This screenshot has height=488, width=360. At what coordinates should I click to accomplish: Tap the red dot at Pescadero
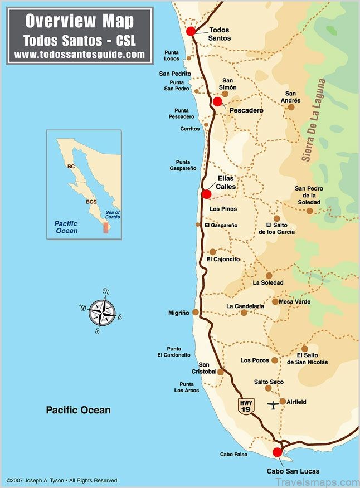(217, 101)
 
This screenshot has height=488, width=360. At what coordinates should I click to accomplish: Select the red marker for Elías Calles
(206, 194)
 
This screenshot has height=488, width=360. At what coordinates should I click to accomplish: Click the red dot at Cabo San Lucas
(277, 452)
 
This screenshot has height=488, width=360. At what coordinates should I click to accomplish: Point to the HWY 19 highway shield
(246, 406)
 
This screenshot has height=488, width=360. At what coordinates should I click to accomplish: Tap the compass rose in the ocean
(103, 311)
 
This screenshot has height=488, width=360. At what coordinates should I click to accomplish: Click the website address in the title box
(80, 55)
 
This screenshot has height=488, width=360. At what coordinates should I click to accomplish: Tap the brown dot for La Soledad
(269, 275)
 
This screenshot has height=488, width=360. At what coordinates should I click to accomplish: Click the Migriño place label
(179, 313)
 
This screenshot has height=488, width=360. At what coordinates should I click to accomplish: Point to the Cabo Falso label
(233, 455)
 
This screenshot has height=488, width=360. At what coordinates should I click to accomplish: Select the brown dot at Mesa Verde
(275, 301)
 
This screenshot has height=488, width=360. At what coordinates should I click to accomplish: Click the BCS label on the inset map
(91, 202)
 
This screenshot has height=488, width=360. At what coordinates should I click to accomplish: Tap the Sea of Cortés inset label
(113, 214)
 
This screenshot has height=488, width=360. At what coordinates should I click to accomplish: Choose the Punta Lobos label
(172, 55)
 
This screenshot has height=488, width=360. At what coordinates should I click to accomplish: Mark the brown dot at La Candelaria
(244, 313)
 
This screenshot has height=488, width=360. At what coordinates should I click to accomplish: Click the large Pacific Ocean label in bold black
(78, 410)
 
